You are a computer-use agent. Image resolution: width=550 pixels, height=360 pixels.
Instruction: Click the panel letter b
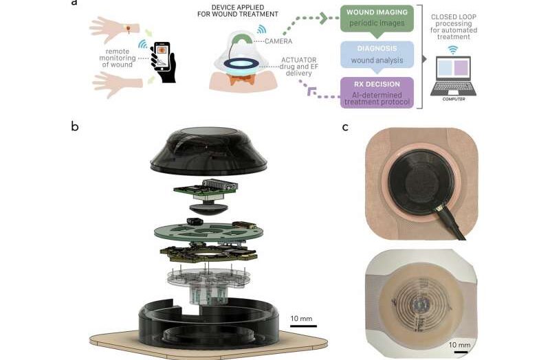point(75,126)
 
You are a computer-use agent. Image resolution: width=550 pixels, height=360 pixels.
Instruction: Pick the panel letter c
point(345,126)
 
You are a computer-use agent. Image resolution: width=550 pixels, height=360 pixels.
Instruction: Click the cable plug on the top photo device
point(440,207)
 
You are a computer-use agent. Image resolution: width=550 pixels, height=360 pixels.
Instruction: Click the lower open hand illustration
point(118,84)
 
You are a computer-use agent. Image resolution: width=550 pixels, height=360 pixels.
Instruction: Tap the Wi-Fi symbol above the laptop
point(453,49)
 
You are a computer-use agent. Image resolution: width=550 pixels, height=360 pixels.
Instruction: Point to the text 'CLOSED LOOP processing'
point(453,24)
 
